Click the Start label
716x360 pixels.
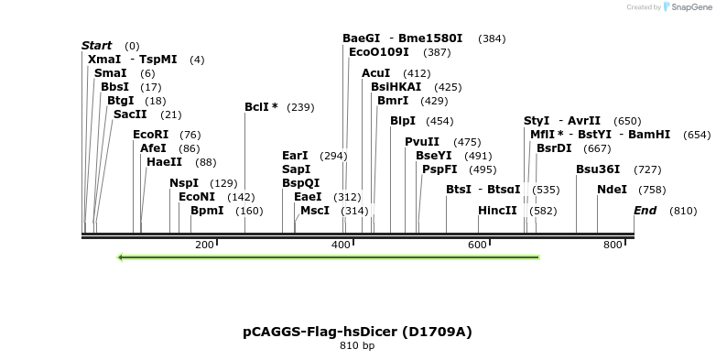96,46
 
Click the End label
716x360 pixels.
645,211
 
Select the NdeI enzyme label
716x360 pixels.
612,190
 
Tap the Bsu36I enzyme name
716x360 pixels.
598,169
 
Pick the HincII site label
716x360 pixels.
497,211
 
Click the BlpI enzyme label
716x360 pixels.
403,121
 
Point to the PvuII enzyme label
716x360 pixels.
422,142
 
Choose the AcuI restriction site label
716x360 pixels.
376,73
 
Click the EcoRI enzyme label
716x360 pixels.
151,135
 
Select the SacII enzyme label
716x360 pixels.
130,115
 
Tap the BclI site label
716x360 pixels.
261,107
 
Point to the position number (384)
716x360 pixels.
492,39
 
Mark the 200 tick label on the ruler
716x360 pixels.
204,245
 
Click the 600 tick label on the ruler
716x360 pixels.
477,245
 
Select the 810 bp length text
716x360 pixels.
357,346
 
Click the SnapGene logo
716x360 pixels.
688,7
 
